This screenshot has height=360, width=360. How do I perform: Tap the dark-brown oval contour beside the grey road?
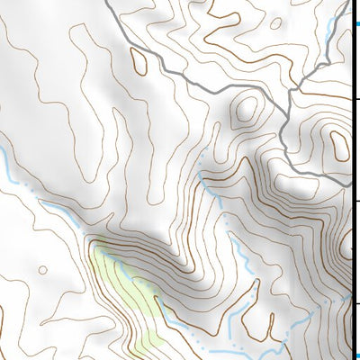click(139, 60)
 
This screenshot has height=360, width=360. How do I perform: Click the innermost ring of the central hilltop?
click(243, 113)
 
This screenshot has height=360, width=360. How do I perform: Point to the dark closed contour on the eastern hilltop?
click(339, 144)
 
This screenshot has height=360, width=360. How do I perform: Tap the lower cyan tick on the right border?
click(355, 354)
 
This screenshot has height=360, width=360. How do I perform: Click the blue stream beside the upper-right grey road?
click(333, 36)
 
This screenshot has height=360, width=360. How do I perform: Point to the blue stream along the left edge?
click(7, 166)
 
